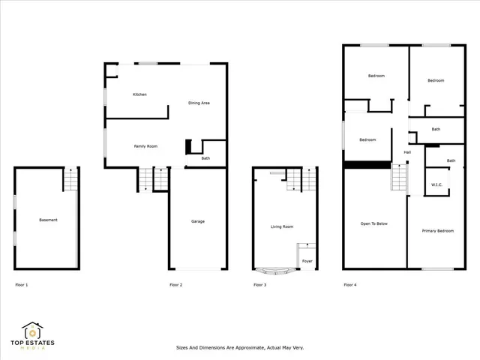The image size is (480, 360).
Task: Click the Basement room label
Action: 48,220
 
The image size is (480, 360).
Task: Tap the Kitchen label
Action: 139,94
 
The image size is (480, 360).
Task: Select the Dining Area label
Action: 199,103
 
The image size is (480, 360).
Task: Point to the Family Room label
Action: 145,146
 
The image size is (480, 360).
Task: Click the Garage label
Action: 198,221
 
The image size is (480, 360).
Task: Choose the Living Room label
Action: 282,226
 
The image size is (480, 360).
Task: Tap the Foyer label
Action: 307,261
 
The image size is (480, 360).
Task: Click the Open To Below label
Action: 374,223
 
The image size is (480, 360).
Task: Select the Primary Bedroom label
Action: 437,231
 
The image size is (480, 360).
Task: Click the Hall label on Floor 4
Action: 407,153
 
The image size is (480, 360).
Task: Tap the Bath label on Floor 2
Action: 205,158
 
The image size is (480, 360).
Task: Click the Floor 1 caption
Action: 23,285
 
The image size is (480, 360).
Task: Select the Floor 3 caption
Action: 259,285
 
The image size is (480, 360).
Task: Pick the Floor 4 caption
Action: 350,285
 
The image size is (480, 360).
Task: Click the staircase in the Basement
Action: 70,180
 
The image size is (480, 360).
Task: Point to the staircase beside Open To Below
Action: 399,178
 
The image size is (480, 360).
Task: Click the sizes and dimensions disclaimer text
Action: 239,348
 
